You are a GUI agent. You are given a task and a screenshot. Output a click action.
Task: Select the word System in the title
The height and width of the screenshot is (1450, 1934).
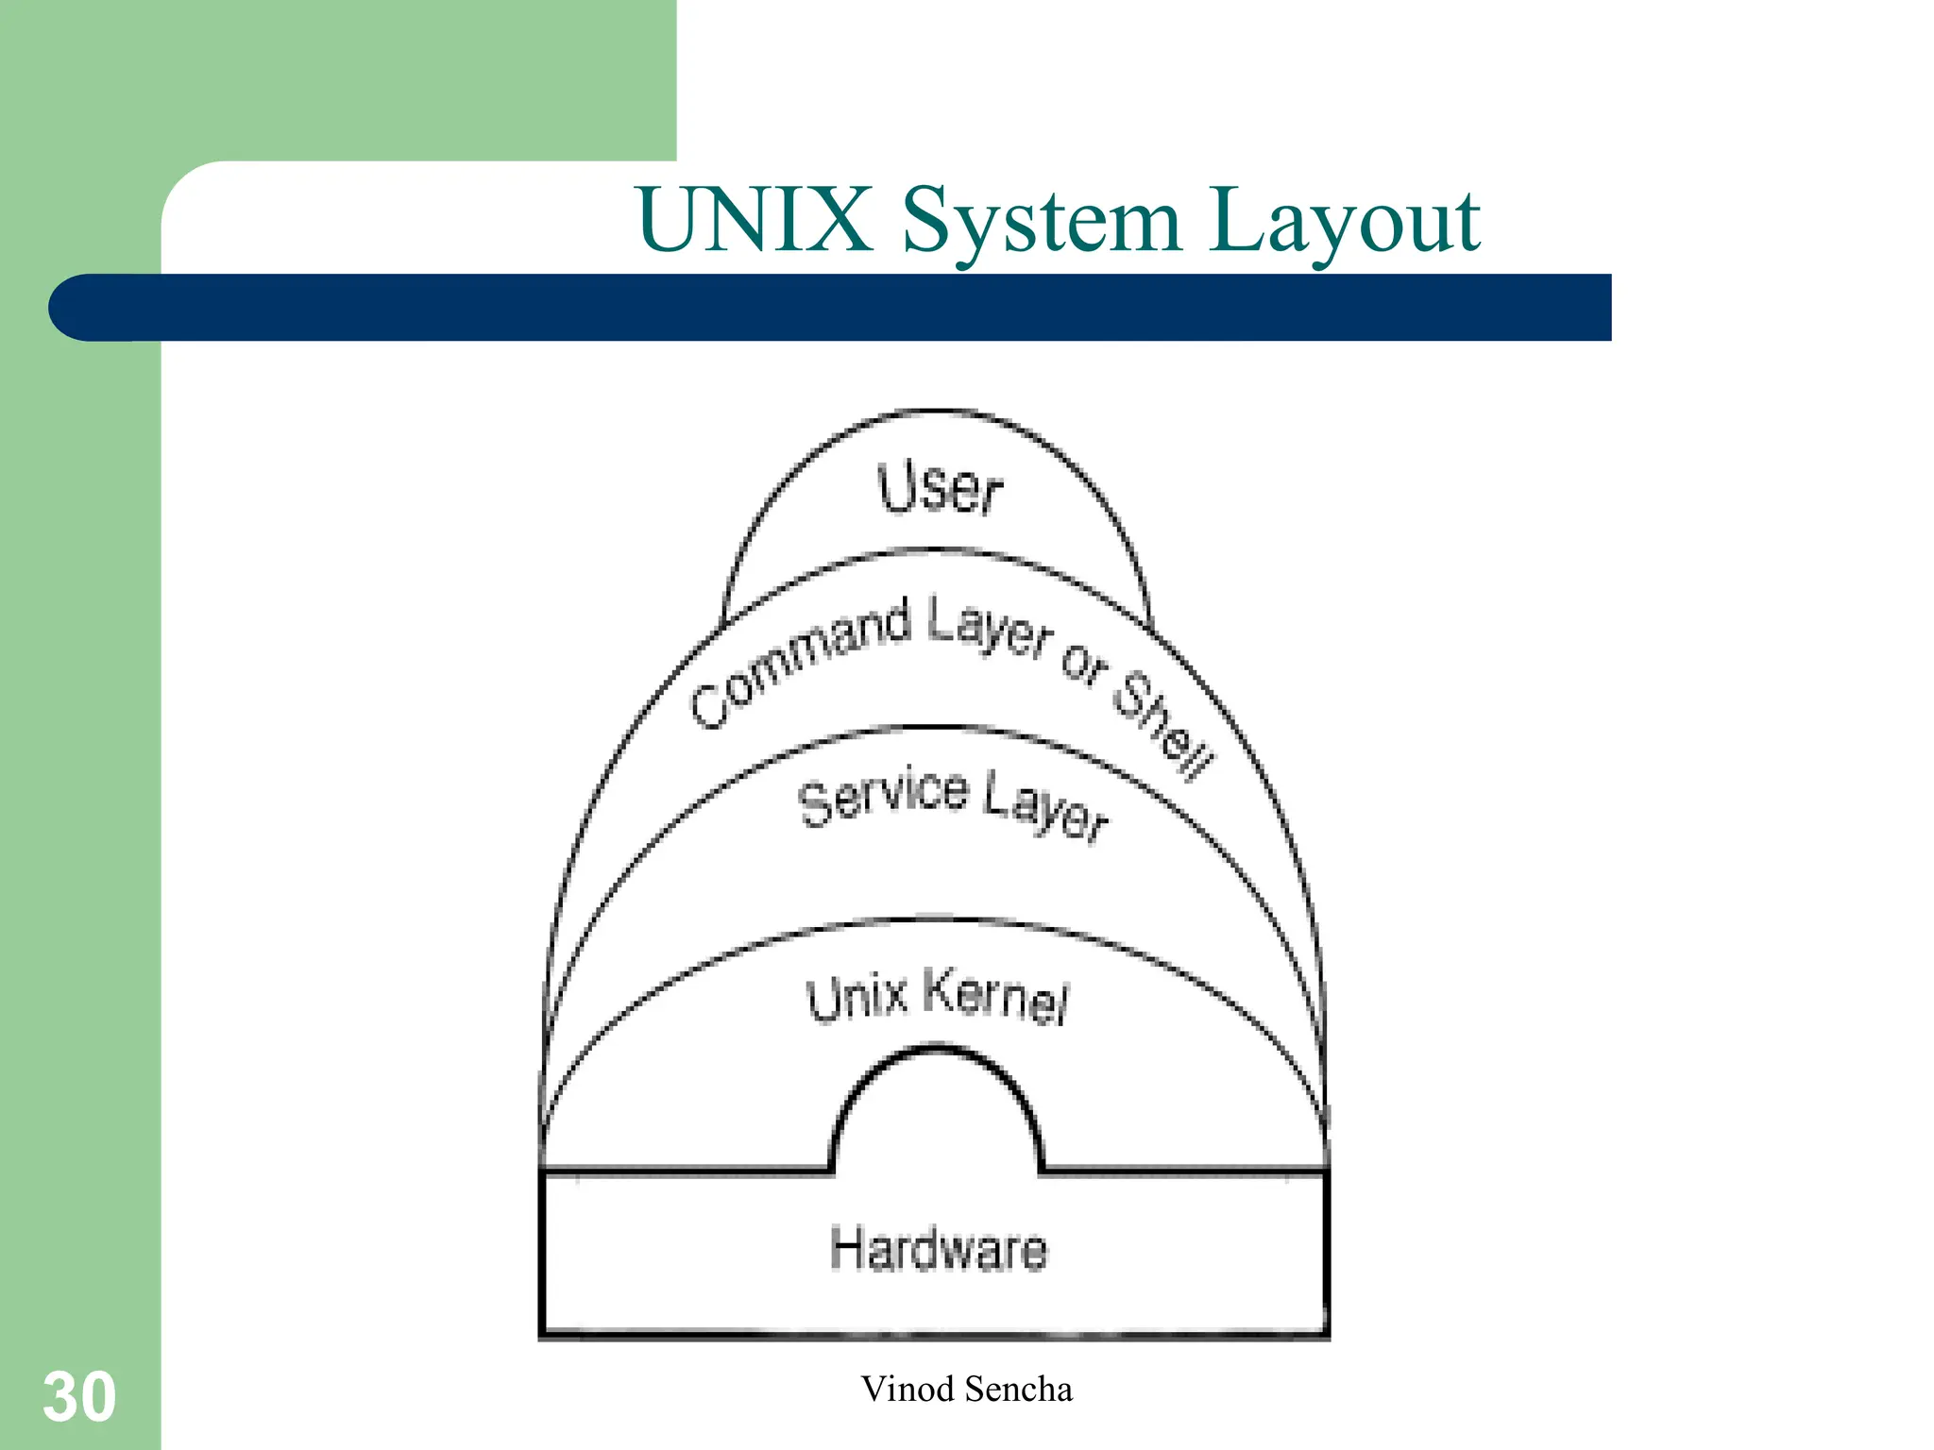[1042, 222]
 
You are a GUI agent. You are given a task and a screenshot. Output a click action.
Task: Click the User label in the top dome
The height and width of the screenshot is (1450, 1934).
[939, 489]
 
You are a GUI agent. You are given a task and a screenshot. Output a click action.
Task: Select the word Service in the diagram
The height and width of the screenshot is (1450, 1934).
[883, 798]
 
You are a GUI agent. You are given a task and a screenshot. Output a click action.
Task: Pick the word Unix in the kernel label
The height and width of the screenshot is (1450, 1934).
[857, 999]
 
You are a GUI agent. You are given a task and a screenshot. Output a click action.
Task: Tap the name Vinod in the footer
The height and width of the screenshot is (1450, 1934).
[908, 1390]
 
